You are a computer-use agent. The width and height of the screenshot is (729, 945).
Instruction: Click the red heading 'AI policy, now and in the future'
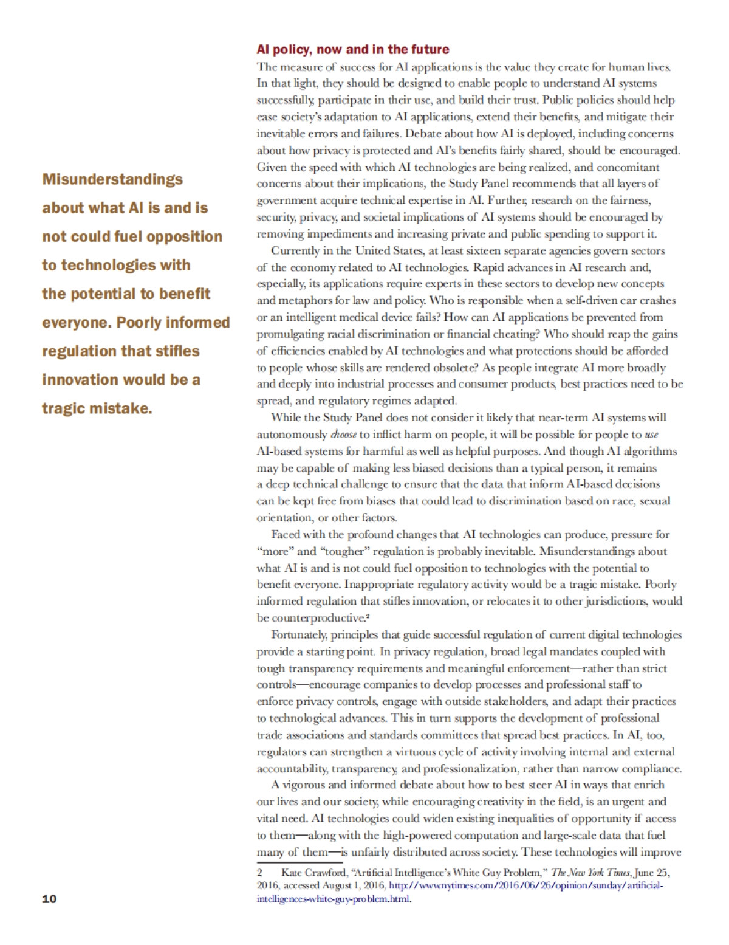coord(352,49)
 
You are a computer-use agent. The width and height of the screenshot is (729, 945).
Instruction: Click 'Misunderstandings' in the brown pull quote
coord(112,179)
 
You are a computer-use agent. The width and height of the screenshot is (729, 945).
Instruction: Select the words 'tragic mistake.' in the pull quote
coord(97,408)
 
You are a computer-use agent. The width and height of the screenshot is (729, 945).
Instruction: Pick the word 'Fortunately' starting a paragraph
coord(299,635)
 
